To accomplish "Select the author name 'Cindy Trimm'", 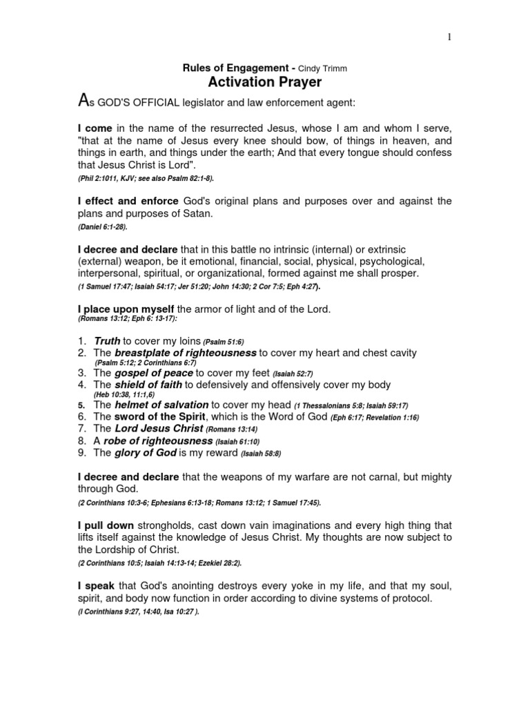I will [322, 69].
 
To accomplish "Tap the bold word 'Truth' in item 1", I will [107, 341].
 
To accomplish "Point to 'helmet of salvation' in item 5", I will [161, 405].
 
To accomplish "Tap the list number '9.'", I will [83, 454].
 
